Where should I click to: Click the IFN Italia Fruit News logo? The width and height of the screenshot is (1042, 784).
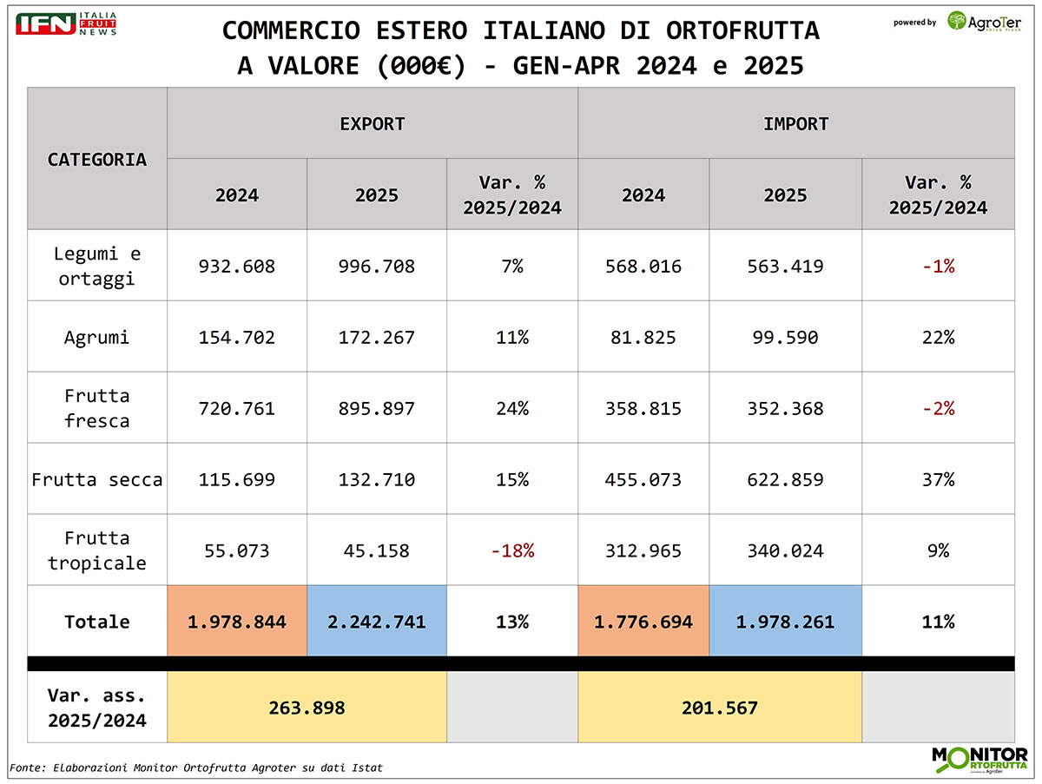coord(65,23)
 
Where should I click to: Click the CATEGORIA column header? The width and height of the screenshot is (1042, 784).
coord(97,159)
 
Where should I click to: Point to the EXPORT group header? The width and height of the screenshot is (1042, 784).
coord(373,123)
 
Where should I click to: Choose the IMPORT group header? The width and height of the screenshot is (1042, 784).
coord(795,123)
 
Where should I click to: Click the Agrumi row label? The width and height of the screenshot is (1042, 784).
coord(97,337)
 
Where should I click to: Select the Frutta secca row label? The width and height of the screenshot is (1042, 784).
coord(97,479)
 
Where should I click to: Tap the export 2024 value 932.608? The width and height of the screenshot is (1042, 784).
coord(237,266)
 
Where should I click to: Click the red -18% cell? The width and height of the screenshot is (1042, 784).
coord(512,550)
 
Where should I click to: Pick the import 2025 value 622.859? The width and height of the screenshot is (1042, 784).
coord(785,479)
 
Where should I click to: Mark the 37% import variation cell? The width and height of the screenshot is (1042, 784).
coord(938,479)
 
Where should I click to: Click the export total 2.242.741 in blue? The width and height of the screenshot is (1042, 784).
coord(377,622)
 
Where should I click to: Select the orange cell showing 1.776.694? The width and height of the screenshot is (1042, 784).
coord(643,622)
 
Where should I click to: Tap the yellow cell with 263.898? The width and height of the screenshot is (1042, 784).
coord(307,708)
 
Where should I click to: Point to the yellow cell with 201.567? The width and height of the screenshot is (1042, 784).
coord(720,708)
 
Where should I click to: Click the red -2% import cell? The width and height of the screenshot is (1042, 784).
coord(938,408)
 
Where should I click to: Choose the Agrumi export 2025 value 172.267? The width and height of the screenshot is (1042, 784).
coord(377,337)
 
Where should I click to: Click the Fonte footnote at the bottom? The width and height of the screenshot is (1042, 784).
coord(196,768)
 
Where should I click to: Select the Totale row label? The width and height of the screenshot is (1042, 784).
coord(97,622)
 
